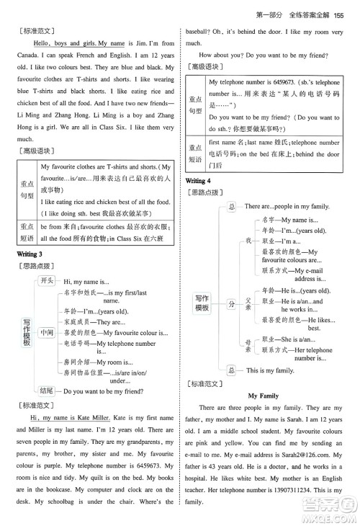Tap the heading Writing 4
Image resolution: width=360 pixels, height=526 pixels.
pyautogui.click(x=198, y=180)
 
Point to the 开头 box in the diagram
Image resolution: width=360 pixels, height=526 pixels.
pyautogui.click(x=47, y=281)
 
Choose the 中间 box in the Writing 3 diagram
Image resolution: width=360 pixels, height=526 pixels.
pyautogui.click(x=47, y=333)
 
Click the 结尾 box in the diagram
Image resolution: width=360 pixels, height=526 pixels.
pyautogui.click(x=47, y=393)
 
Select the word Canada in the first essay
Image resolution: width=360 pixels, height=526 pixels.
pyautogui.click(x=27, y=58)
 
